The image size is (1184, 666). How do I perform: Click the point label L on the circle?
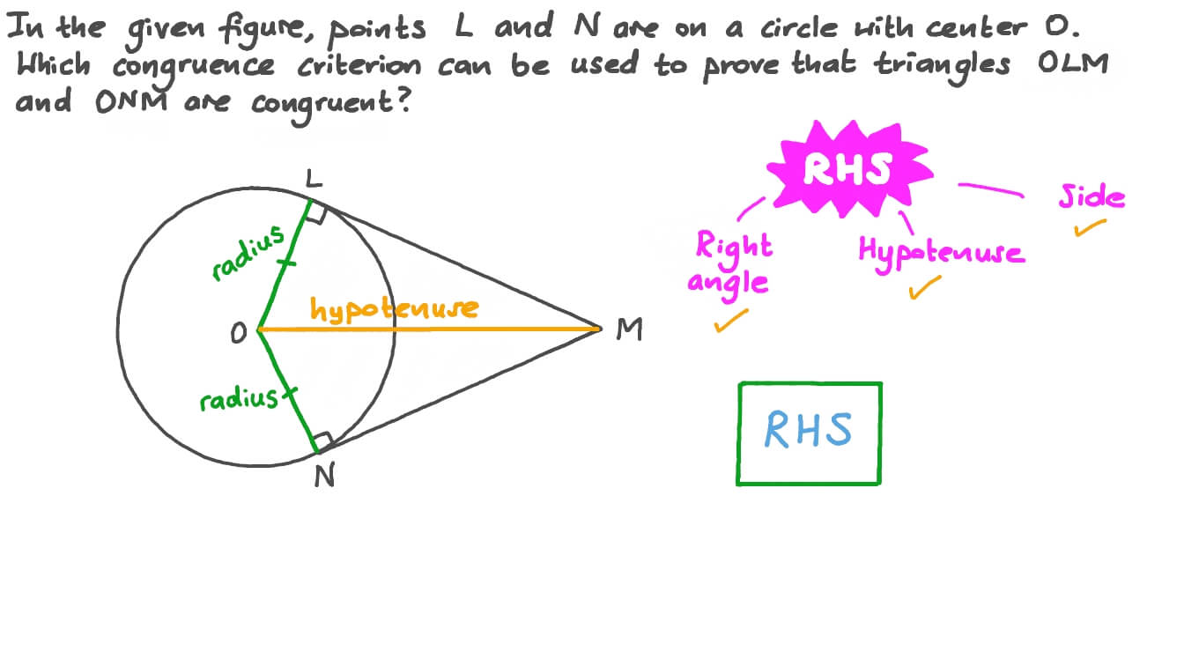coord(314,181)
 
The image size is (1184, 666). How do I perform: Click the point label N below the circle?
coord(324,477)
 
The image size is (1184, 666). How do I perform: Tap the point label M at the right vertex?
coord(629,330)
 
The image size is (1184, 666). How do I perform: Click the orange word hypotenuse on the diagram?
coord(394,308)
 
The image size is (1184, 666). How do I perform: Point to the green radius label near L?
coord(249,252)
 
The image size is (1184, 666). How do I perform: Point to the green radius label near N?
coord(239,400)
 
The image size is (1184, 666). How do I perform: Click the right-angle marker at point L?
coord(318,211)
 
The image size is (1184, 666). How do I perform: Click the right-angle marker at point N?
coord(323,440)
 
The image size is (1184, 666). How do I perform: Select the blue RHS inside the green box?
coord(808,431)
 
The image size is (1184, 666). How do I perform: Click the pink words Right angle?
coord(733,263)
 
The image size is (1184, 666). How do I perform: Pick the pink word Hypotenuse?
coord(941,252)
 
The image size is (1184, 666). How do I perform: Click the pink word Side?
coord(1091,196)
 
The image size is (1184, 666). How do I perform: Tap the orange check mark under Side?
coord(1091,229)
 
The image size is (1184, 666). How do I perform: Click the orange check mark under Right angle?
coord(731,321)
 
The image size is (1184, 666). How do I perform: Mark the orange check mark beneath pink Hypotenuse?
coord(925,287)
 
